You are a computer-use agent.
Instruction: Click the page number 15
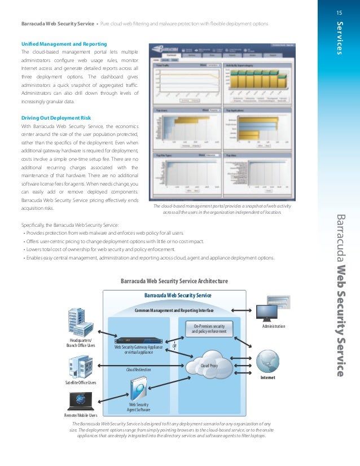click(339, 12)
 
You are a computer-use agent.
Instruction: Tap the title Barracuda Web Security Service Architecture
click(174, 280)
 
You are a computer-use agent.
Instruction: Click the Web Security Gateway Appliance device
click(139, 340)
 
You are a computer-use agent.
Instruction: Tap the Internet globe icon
click(267, 361)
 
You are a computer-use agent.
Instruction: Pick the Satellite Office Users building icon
click(78, 367)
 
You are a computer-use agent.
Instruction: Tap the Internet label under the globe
click(267, 377)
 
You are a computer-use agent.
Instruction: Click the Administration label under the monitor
click(274, 326)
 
